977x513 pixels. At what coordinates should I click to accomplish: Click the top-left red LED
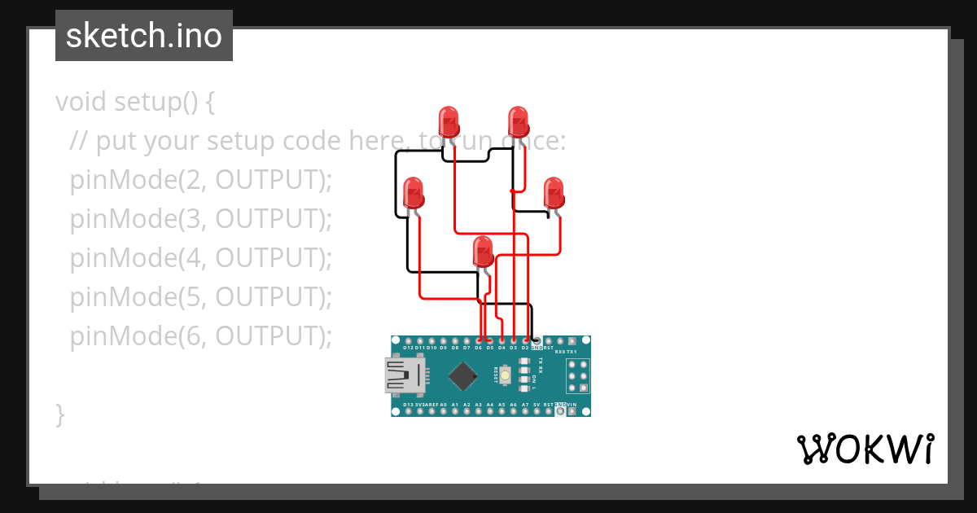(449, 121)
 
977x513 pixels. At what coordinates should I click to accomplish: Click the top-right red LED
(519, 121)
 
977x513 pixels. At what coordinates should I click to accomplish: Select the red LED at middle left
(414, 193)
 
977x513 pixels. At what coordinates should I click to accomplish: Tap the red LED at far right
(554, 193)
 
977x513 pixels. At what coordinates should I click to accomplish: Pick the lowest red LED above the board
(484, 252)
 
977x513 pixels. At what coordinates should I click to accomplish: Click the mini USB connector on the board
(404, 375)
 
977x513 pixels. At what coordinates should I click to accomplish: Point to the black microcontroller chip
(463, 375)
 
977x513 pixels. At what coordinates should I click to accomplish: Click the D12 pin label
(408, 348)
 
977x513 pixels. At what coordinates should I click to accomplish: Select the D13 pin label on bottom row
(408, 405)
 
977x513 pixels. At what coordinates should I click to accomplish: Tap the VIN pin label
(572, 405)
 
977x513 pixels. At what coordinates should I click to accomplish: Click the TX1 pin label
(572, 352)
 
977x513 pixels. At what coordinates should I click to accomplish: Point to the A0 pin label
(443, 405)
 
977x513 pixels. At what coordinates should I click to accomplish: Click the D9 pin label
(443, 348)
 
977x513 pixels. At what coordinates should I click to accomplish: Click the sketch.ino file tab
(144, 36)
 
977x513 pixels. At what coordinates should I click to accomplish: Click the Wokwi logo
(865, 449)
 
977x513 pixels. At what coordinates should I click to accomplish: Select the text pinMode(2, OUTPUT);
(201, 180)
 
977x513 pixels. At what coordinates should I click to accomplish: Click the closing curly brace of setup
(59, 414)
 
